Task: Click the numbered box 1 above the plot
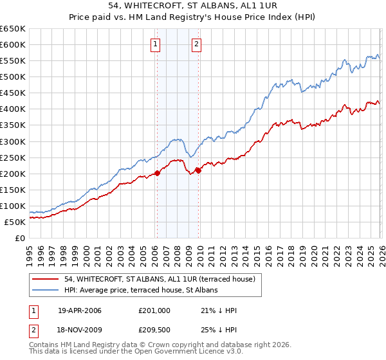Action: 156,44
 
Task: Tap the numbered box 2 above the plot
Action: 196,44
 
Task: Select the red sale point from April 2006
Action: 157,173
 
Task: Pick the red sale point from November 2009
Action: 198,170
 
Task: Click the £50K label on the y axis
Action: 15,222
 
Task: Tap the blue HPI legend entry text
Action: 141,291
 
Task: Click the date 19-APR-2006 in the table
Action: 80,310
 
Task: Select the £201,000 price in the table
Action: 154,310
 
